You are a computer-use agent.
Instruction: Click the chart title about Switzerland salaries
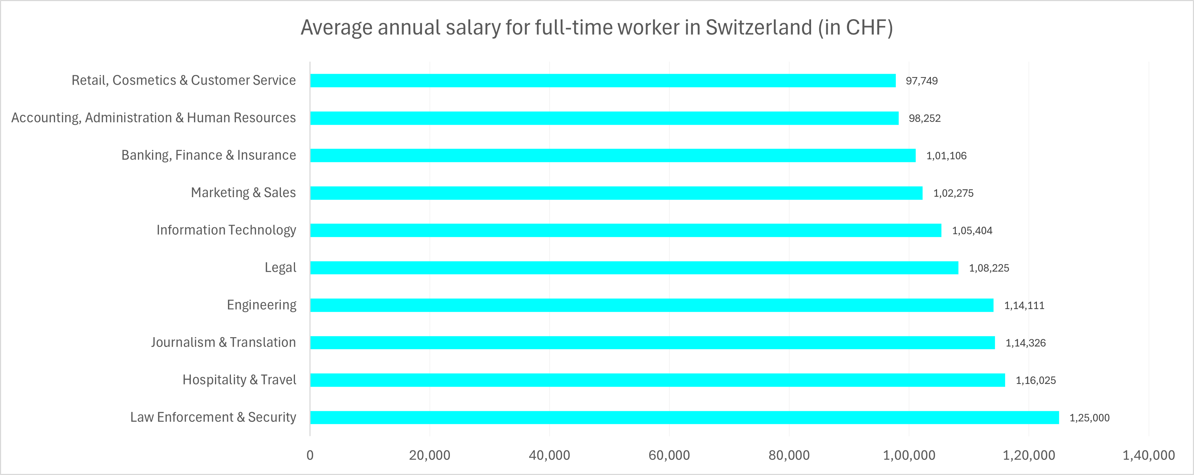596,27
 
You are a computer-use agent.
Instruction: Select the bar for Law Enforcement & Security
684,417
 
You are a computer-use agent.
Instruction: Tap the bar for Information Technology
626,230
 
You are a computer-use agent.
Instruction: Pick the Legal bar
634,268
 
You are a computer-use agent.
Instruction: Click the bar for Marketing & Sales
616,193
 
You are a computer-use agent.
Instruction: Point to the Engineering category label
261,305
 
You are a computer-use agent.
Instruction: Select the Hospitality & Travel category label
239,380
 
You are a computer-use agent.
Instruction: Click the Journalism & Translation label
223,343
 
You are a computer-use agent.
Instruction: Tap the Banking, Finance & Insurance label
208,155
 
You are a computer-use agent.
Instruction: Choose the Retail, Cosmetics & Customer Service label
183,80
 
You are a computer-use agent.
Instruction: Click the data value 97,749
921,81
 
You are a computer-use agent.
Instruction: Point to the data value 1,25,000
1089,417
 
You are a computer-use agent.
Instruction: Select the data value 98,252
924,118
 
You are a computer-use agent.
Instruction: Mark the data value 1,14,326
1025,343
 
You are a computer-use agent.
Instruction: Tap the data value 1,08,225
989,268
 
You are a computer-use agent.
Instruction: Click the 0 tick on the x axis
310,455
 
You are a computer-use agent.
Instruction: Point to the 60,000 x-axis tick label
669,455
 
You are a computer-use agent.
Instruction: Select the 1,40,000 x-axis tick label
1148,455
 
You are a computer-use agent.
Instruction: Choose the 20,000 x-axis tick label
429,455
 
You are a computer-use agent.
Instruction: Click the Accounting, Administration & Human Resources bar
604,118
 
